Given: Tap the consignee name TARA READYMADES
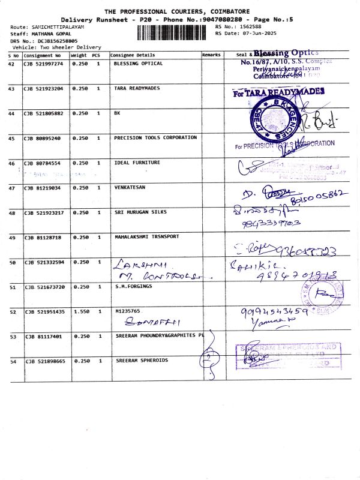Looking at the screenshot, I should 137,88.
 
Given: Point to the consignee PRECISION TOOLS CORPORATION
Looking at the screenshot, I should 155,137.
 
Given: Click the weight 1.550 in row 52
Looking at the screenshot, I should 80,311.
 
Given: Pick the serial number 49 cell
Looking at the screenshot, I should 11,238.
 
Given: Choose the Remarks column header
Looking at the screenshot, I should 211,55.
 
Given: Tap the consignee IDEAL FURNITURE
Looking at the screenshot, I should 137,163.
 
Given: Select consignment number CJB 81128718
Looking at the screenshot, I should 42,238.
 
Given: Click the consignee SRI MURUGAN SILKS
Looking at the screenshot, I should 140,212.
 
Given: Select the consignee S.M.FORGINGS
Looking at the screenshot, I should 133,287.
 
